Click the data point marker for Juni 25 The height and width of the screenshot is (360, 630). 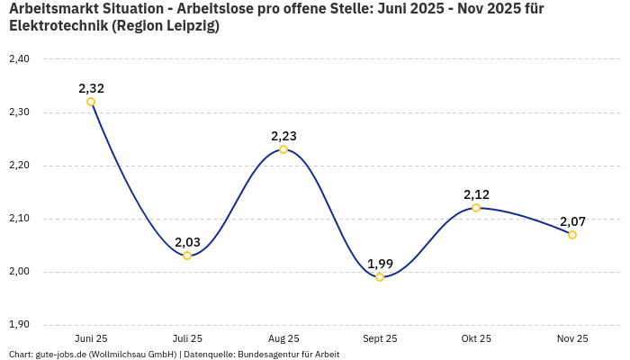(91, 102)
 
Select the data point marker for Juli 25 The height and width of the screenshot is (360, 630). (187, 256)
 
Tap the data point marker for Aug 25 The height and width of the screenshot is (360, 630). (283, 149)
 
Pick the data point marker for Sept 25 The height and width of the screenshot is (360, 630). (380, 277)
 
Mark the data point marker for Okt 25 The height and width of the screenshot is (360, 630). (476, 208)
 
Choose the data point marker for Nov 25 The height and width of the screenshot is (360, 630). (572, 235)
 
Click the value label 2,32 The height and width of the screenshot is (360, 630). (91, 88)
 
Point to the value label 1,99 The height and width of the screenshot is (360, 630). (380, 264)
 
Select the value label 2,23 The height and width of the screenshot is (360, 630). (283, 136)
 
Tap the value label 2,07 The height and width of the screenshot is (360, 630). (572, 221)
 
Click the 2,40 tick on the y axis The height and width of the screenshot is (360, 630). (19, 59)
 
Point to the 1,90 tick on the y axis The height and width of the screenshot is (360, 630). (19, 325)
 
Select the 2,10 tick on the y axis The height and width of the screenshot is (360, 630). (19, 219)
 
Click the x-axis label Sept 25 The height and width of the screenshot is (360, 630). (380, 338)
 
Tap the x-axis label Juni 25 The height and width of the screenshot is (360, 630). (91, 338)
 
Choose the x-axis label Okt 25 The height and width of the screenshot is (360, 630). (476, 338)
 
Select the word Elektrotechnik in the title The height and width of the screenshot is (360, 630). (58, 26)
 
